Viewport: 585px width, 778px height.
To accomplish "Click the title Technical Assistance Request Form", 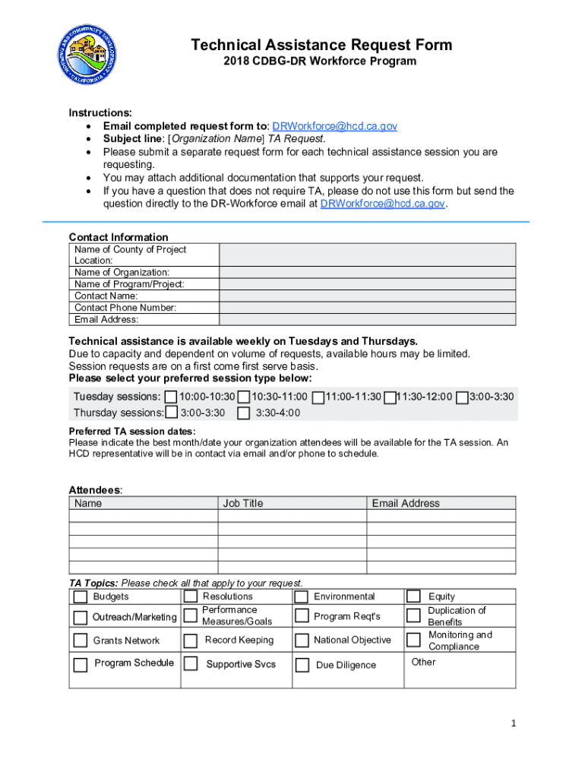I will [x=321, y=46].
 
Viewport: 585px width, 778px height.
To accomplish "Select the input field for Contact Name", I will [x=367, y=296].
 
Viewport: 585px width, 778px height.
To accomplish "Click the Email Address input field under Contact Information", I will [x=367, y=320].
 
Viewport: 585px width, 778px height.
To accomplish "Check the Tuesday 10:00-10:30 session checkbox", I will [x=171, y=397].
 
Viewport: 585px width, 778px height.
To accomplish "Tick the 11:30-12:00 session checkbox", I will [x=390, y=397].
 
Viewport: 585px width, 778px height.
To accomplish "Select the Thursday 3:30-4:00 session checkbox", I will [x=244, y=413].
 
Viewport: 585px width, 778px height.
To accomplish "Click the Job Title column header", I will [x=243, y=503].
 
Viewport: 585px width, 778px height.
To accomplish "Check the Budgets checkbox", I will [x=80, y=597].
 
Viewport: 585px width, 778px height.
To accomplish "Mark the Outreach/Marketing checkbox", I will [x=80, y=617].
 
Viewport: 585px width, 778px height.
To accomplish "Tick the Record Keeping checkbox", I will [x=191, y=640].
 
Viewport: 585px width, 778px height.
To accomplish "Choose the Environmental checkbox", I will [x=302, y=597].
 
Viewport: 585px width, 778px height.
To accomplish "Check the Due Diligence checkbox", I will [x=302, y=665].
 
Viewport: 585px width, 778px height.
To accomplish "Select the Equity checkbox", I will [x=413, y=597].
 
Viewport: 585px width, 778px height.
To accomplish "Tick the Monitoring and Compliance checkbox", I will [x=413, y=640].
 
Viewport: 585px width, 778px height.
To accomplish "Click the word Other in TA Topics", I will [x=423, y=662].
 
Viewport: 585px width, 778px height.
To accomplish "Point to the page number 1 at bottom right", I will [x=513, y=724].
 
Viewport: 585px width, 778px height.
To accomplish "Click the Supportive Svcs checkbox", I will [x=191, y=665].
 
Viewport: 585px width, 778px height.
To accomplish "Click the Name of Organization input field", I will [x=367, y=272].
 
